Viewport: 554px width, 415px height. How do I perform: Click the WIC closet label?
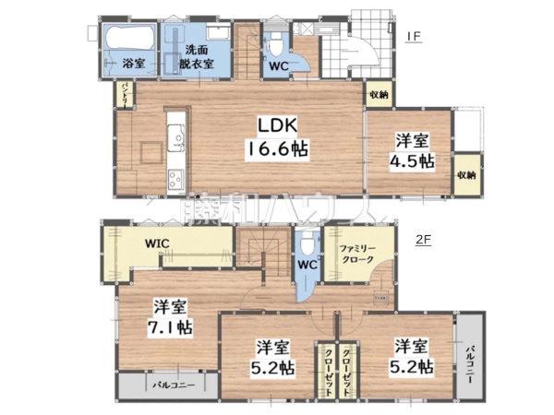coord(160,244)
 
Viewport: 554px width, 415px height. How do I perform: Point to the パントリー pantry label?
coord(124,93)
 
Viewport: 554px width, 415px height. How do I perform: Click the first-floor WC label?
coord(279,65)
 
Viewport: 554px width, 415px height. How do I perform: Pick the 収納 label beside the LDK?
coord(379,95)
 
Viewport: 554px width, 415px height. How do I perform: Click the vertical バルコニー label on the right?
coord(470,358)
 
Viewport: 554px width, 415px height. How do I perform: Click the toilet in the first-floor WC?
coord(277,44)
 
